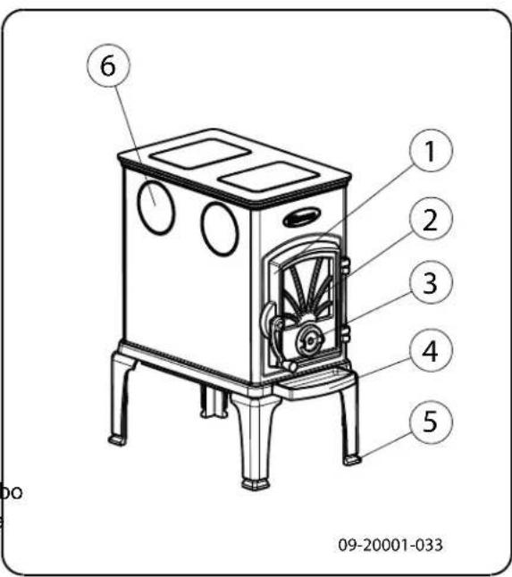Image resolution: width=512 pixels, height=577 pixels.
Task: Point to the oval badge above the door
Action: click(x=302, y=217)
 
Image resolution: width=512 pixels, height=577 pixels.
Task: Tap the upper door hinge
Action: click(x=343, y=264)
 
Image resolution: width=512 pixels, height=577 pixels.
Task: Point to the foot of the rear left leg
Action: click(x=116, y=440)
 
